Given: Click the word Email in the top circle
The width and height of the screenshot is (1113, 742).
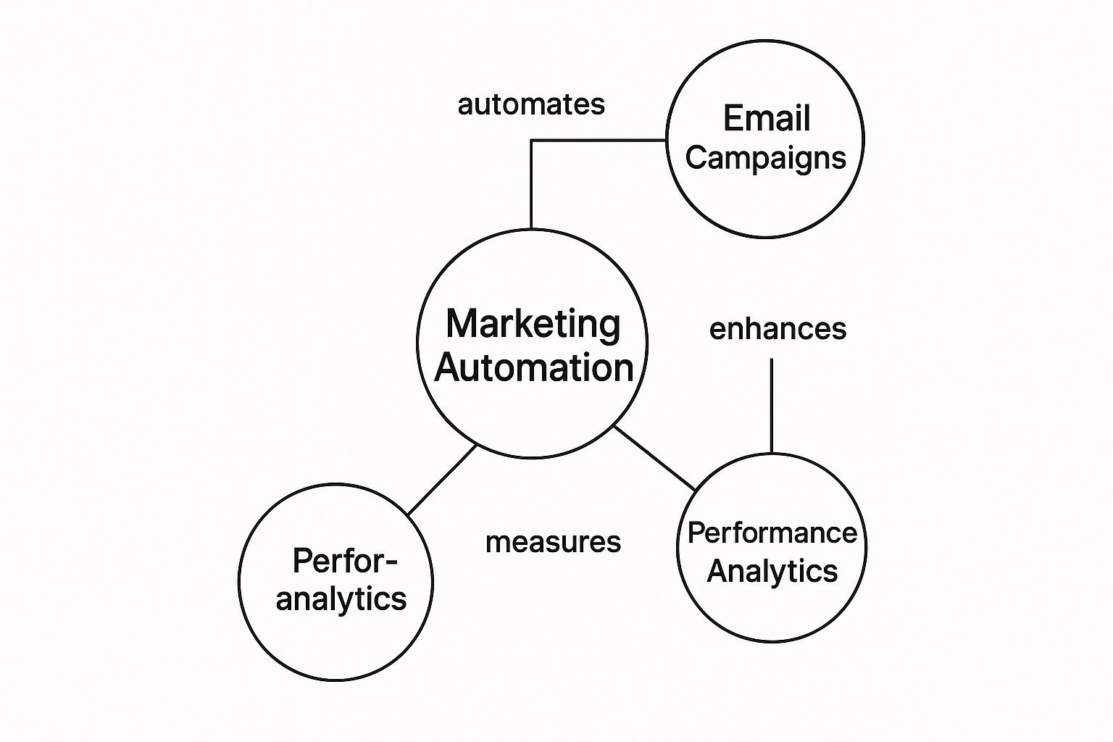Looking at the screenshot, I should tap(767, 119).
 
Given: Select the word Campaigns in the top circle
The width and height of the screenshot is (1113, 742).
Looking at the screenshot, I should tap(766, 158).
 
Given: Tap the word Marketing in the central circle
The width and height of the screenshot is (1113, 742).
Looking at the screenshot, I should tap(533, 324).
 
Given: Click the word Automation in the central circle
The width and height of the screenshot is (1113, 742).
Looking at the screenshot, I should tap(534, 368).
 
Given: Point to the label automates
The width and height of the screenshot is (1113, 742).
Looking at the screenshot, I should tap(531, 105).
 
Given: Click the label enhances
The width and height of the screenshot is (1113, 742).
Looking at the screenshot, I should tap(778, 330).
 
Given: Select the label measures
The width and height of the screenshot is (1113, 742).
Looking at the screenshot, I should tap(553, 542).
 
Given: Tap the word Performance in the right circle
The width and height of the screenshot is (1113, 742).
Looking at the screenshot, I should tap(772, 533).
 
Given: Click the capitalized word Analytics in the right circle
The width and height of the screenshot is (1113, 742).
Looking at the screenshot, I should tap(772, 571).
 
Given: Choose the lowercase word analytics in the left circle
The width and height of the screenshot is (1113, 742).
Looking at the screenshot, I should tap(341, 599).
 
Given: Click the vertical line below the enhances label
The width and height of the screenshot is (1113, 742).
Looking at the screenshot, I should tap(771, 406).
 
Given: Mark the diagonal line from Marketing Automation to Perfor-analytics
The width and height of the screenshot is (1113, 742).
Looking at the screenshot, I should tap(442, 480).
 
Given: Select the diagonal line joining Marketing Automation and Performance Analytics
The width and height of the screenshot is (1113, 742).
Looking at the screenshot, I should tap(655, 458).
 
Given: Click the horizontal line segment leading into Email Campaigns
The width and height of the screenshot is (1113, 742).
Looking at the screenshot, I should tap(599, 140).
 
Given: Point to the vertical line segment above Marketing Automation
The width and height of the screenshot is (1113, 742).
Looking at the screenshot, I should tap(531, 185).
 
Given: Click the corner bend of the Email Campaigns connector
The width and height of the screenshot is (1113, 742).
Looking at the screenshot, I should tap(531, 141).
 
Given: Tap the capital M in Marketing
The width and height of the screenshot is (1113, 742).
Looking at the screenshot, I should tap(462, 324).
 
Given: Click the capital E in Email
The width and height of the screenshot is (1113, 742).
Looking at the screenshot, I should tap(732, 119).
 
